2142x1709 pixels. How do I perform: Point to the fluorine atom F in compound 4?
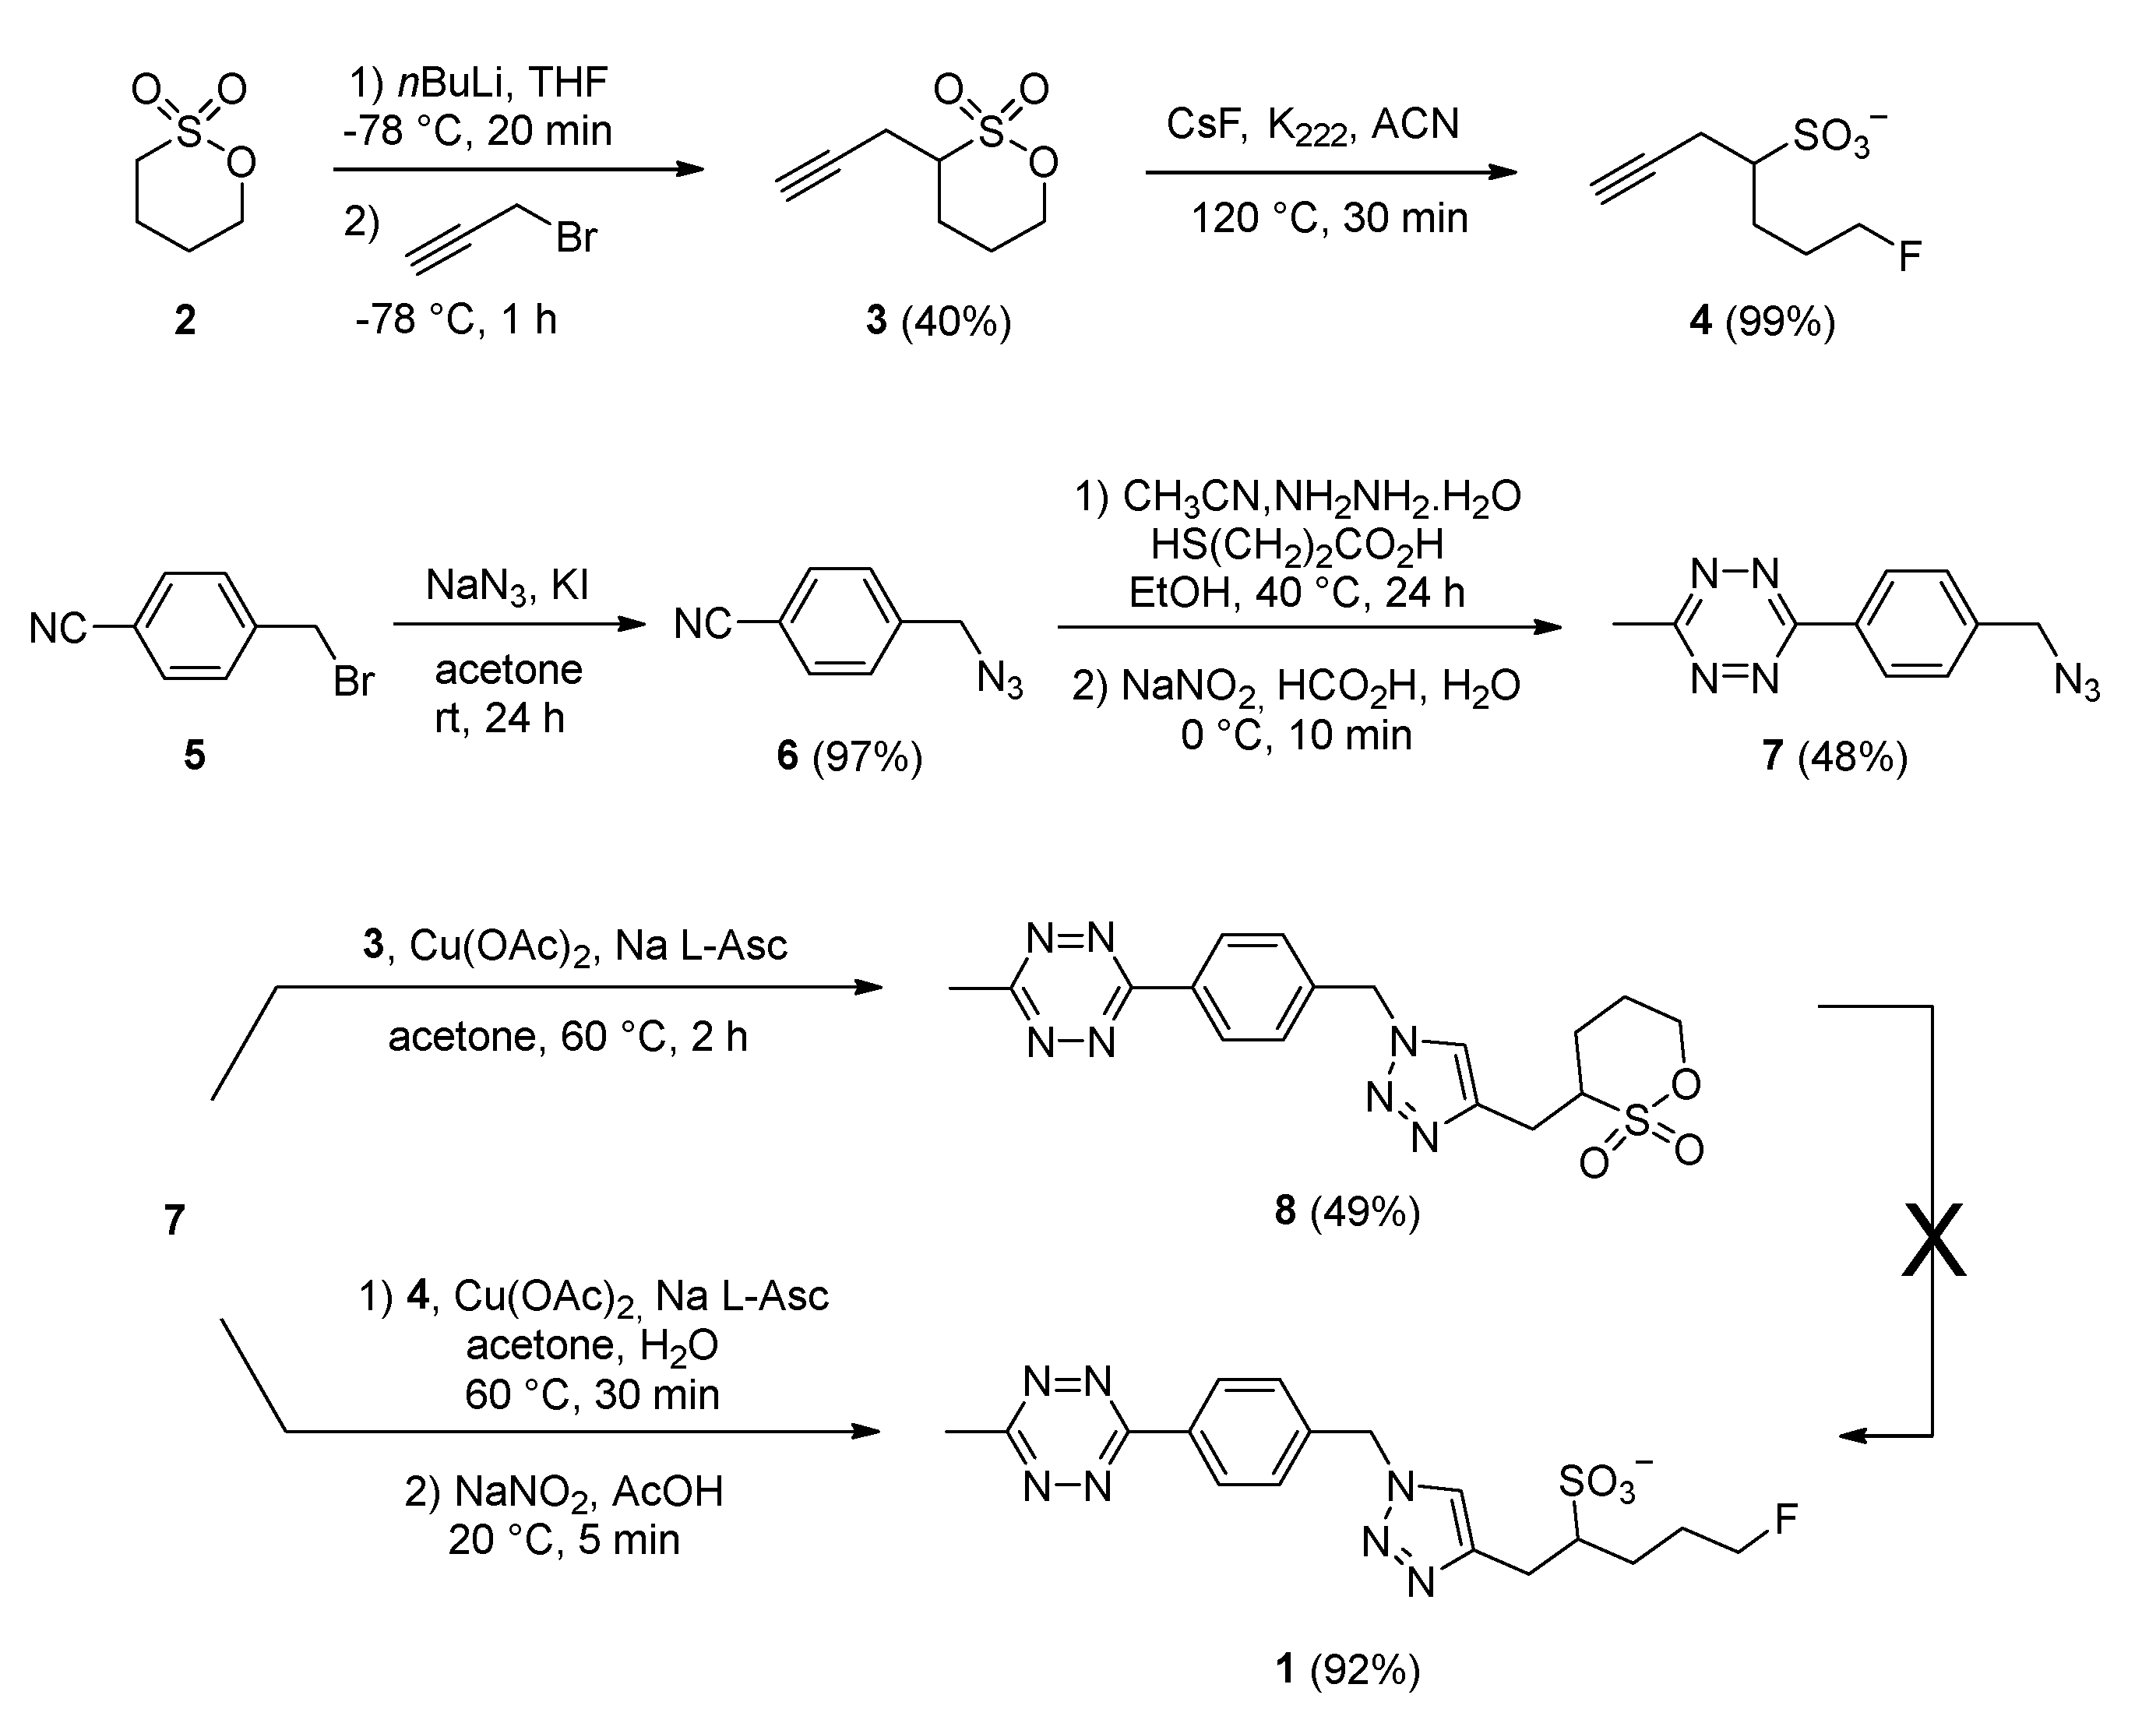[x=1910, y=257]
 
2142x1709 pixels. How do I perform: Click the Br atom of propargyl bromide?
[x=576, y=238]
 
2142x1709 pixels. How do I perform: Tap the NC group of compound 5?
[x=58, y=628]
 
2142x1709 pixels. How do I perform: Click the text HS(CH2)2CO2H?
[x=1297, y=544]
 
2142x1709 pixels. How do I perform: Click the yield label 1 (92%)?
[x=1348, y=1670]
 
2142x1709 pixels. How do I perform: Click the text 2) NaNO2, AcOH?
[x=563, y=1492]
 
